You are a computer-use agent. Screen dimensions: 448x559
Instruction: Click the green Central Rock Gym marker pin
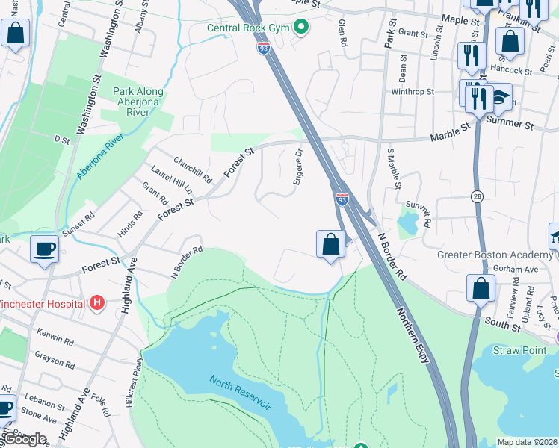(301, 28)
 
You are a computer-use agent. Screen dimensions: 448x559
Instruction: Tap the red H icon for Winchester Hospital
(96, 303)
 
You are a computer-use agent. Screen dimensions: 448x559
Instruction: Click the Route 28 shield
(477, 196)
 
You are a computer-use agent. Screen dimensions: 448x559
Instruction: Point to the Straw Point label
(522, 350)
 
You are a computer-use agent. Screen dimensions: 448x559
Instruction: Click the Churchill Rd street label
(193, 170)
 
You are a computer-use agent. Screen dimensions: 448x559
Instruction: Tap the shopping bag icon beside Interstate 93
(330, 244)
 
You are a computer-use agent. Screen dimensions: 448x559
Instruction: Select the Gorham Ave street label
(520, 269)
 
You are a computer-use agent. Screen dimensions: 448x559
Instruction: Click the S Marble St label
(394, 169)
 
